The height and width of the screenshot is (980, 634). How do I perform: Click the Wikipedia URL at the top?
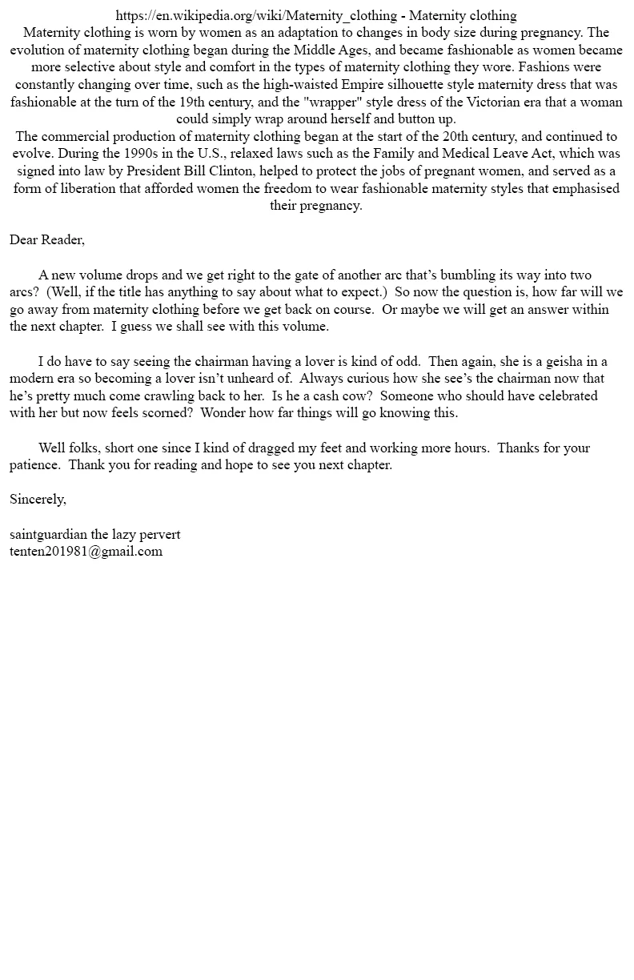click(256, 15)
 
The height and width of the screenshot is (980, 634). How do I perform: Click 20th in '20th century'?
click(459, 137)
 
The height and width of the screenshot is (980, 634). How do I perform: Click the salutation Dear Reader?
click(46, 240)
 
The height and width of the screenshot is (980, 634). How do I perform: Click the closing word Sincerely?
click(38, 500)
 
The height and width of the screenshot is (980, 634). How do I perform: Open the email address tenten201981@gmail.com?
click(86, 551)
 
